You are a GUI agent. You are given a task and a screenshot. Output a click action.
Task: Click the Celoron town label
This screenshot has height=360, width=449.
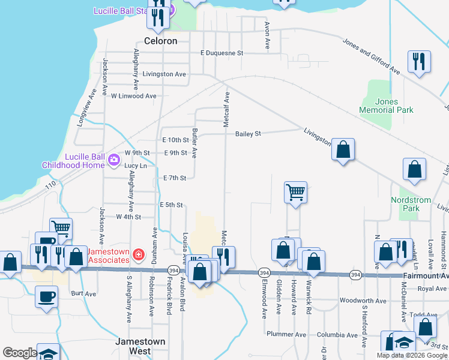point(161,41)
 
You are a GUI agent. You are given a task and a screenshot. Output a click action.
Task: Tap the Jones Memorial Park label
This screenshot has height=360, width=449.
point(387,106)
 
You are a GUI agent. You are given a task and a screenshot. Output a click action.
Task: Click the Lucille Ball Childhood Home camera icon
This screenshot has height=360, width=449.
point(112,159)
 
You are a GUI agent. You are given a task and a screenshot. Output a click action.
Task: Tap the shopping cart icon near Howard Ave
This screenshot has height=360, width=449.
point(295,192)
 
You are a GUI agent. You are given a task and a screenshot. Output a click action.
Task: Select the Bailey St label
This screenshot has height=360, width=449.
point(248,134)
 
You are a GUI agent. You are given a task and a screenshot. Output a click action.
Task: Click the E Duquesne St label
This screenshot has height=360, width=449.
point(221,53)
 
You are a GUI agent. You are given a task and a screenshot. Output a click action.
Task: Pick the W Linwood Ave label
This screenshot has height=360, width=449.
point(133,96)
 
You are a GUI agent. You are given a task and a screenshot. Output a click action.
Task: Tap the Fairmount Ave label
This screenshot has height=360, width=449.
point(427,275)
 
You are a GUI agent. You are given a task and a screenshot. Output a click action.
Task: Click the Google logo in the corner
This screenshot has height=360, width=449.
point(20,353)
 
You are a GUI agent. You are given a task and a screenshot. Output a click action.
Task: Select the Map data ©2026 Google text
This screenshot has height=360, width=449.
point(411,355)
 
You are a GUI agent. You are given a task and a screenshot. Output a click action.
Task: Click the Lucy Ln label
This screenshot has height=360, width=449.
point(135,166)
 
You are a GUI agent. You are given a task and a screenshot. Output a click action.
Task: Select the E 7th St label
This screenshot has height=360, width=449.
point(175,178)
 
